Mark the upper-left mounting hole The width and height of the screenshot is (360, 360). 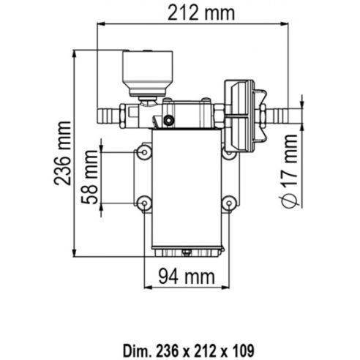coord(144,151)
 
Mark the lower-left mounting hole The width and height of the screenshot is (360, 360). coord(144,202)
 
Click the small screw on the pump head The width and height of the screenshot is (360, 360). coord(168,119)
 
